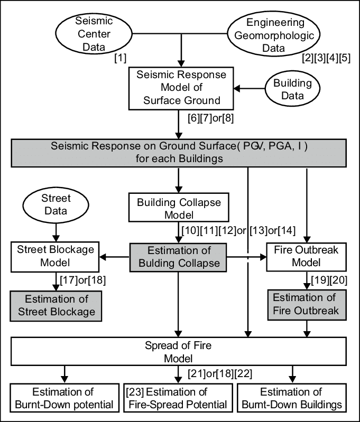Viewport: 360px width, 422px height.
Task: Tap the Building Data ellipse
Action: (x=292, y=89)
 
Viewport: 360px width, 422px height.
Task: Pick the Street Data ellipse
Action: (x=56, y=205)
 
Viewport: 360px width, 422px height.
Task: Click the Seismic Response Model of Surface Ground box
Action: (x=181, y=88)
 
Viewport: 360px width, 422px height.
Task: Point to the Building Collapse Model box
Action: (x=179, y=208)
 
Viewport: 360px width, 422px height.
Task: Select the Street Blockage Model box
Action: (x=55, y=256)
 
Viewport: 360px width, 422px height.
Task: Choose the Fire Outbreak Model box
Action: (x=306, y=256)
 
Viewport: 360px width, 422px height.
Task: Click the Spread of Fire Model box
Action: (x=178, y=352)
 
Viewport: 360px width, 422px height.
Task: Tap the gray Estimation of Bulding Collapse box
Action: (x=178, y=257)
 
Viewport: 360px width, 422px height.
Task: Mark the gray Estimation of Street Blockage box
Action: (x=56, y=305)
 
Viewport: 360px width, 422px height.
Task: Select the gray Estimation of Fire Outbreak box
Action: (x=306, y=304)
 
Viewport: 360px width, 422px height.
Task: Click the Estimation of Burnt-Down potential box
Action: (x=64, y=399)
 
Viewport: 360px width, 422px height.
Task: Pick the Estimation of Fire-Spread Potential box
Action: (x=178, y=399)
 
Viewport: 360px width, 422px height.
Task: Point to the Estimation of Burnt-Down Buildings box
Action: (x=291, y=399)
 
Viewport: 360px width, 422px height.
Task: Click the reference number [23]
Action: (x=135, y=392)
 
